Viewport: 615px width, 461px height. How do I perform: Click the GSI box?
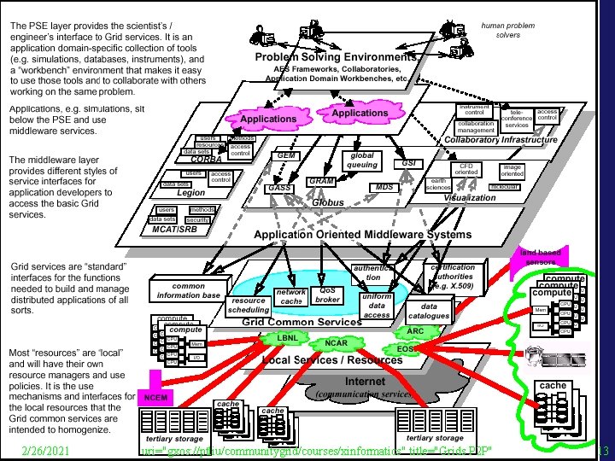(x=407, y=162)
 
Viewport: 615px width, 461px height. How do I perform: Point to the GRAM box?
(x=320, y=182)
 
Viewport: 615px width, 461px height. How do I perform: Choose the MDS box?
(x=384, y=187)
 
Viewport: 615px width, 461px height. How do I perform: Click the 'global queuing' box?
(x=362, y=160)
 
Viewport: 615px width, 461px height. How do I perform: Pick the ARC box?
(x=416, y=330)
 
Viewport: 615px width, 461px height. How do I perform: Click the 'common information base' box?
(x=189, y=291)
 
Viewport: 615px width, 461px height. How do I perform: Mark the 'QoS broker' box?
(x=329, y=295)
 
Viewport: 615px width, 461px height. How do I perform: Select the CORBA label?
(x=208, y=159)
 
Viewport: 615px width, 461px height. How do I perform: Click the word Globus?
(x=329, y=205)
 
